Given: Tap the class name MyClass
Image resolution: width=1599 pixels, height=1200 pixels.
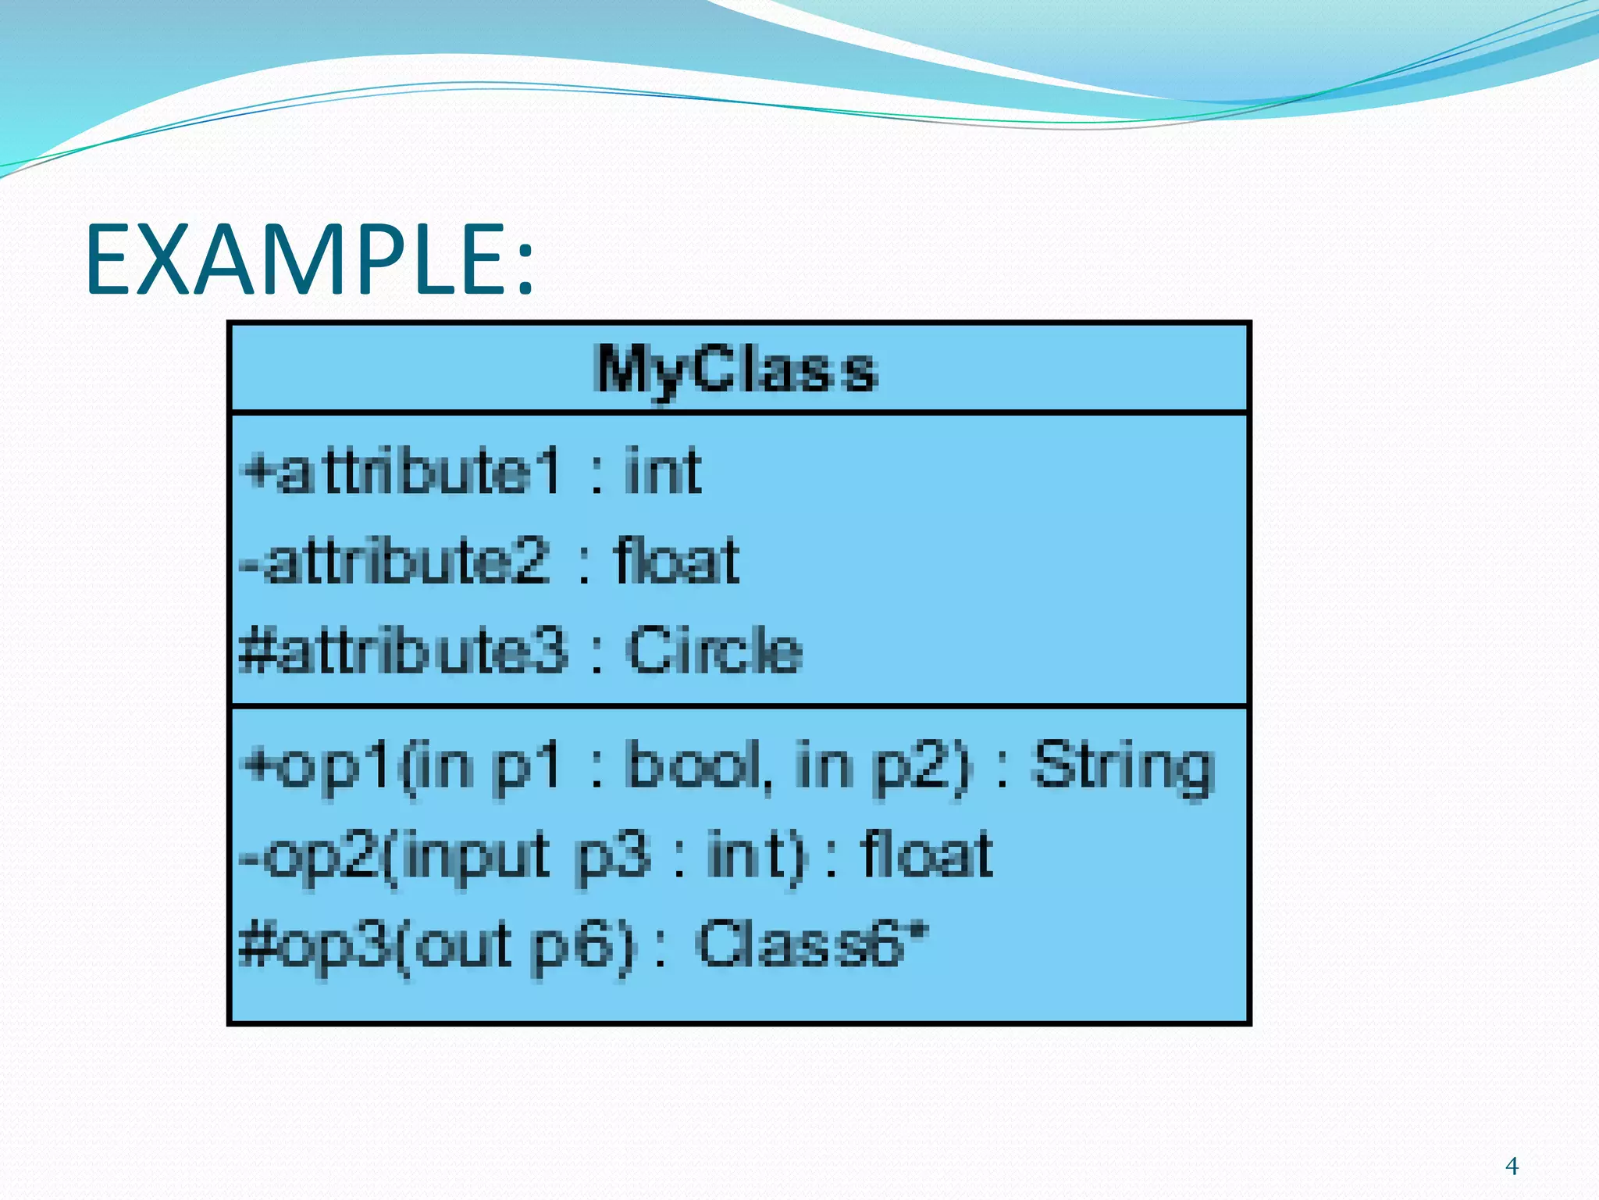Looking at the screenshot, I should click(x=735, y=370).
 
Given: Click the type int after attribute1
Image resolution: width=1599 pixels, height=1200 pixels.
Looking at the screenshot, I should click(x=662, y=471).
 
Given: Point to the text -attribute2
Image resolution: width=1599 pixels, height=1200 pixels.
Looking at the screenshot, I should click(x=394, y=562).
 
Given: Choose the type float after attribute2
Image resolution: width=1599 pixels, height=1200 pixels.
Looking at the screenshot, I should click(x=676, y=562).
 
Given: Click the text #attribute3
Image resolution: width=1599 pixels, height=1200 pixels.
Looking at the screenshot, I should click(x=403, y=651).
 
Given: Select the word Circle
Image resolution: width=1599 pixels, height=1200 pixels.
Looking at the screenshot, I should click(x=714, y=651).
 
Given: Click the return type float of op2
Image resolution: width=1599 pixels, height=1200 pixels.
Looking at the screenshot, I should click(x=926, y=855).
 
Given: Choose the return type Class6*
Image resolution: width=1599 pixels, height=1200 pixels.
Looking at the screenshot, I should click(x=812, y=945).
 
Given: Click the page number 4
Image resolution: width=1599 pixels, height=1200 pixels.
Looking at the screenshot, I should click(x=1512, y=1166).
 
